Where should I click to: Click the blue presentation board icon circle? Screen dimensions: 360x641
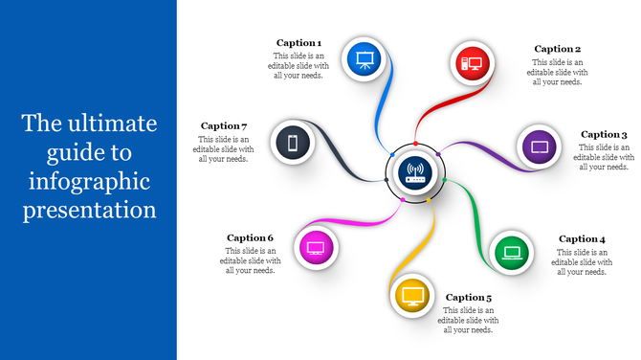pyautogui.click(x=364, y=60)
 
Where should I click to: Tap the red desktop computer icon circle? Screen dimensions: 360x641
pyautogui.click(x=473, y=63)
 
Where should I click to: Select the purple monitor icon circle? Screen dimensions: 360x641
pyautogui.click(x=540, y=148)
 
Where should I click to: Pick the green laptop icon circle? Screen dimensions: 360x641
pyautogui.click(x=512, y=253)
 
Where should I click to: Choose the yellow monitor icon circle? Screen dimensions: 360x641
pyautogui.click(x=412, y=294)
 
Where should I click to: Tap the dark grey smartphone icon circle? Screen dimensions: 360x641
pyautogui.click(x=294, y=144)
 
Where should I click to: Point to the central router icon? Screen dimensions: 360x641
pyautogui.click(x=415, y=173)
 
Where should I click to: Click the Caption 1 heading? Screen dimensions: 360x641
pyautogui.click(x=298, y=43)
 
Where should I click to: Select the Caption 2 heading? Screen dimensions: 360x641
pyautogui.click(x=557, y=49)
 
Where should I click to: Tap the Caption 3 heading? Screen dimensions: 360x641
pyautogui.click(x=604, y=135)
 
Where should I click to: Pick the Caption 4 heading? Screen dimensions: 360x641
pyautogui.click(x=582, y=239)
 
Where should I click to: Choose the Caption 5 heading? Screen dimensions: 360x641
pyautogui.click(x=469, y=298)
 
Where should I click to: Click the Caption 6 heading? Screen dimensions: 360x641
pyautogui.click(x=251, y=237)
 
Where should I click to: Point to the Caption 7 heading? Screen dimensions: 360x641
pyautogui.click(x=224, y=126)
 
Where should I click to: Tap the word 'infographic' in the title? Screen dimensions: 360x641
pyautogui.click(x=89, y=180)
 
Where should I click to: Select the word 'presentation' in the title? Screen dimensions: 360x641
pyautogui.click(x=89, y=209)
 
